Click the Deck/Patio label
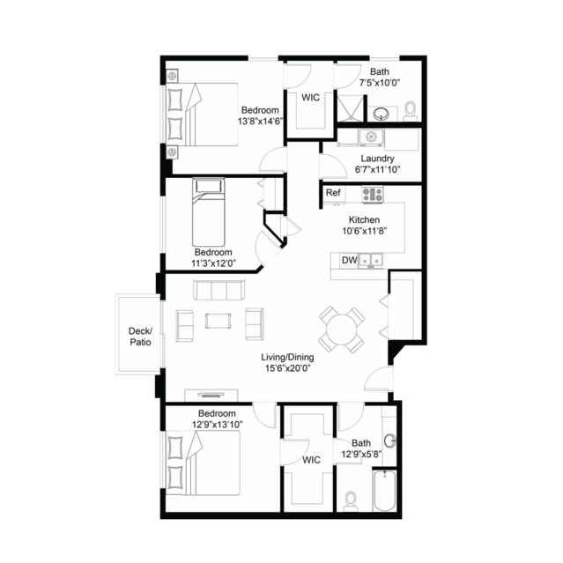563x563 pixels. coord(140,337)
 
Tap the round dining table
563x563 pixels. coord(342,330)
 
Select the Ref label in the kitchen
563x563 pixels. coord(333,193)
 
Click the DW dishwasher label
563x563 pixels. coord(349,260)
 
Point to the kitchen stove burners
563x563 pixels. coord(373,195)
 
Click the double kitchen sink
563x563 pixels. coord(371,260)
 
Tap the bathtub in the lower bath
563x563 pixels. coord(384,491)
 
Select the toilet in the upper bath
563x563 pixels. coord(410,111)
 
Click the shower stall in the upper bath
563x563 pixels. coord(351,108)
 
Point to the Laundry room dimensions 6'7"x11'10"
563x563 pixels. coord(377,169)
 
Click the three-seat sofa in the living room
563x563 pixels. coord(219,290)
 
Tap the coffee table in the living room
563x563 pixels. coord(219,321)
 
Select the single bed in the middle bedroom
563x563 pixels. coord(209,212)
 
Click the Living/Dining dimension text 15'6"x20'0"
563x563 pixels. coord(287,368)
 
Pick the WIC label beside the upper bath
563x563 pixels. coord(310,97)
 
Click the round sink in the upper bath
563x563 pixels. coord(381,115)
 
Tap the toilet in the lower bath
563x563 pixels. coord(351,500)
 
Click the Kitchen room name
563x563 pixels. coord(364,219)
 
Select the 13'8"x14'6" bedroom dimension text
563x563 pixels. coord(260,122)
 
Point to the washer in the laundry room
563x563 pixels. coord(371,137)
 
